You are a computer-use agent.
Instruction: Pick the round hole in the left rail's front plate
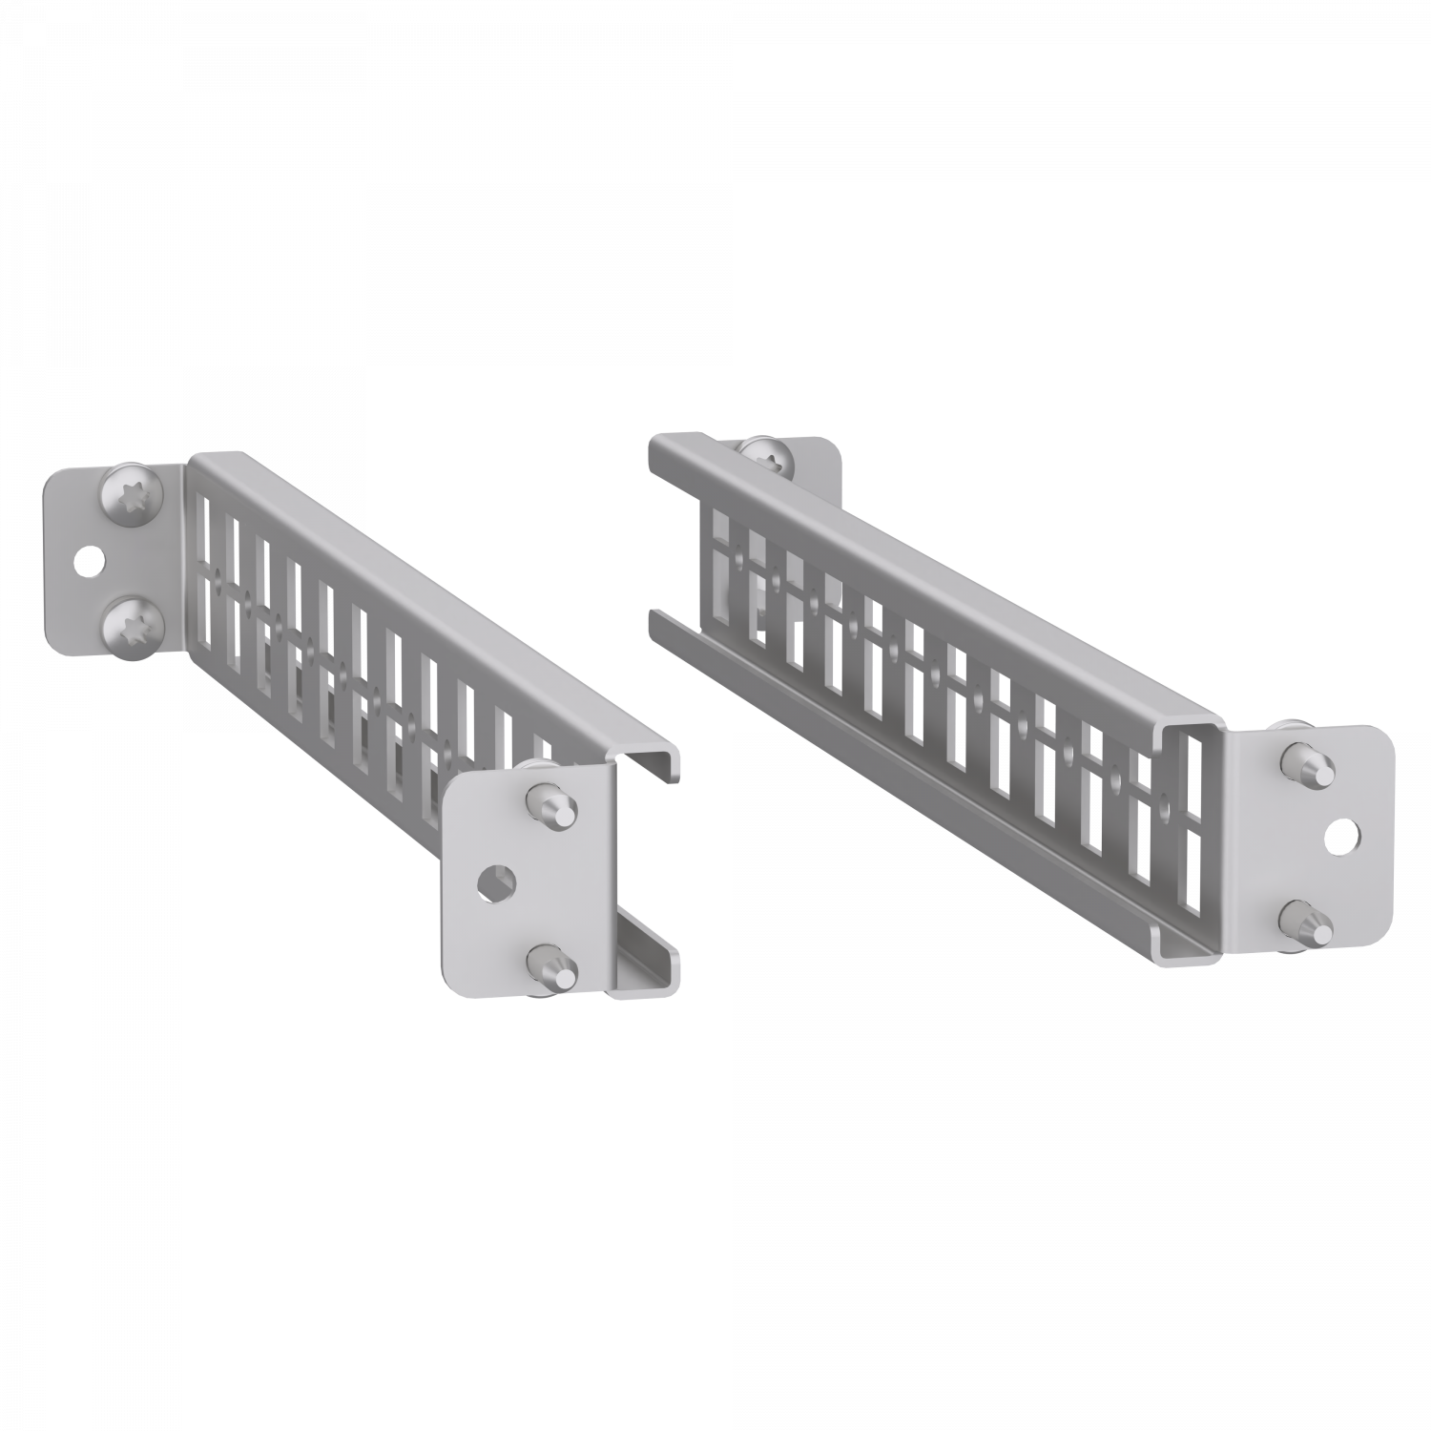coord(497,883)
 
